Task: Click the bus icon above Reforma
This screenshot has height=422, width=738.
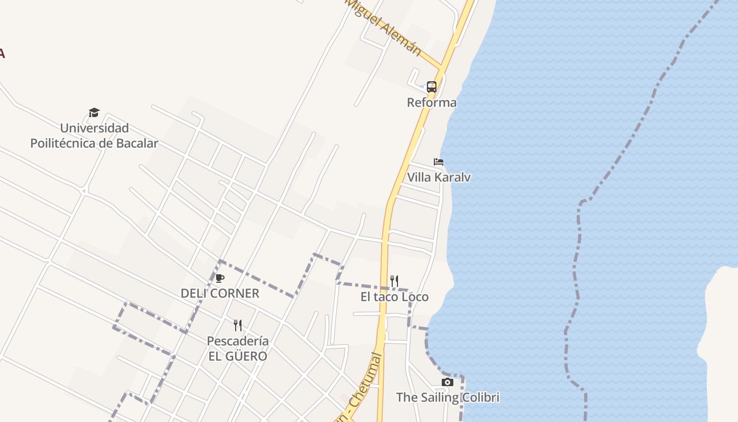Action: (431, 87)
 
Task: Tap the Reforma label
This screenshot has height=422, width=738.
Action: (431, 102)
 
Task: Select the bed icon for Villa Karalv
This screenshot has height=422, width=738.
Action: (438, 162)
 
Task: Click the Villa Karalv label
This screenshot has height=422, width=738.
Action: (439, 177)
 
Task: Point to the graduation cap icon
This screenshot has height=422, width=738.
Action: (94, 112)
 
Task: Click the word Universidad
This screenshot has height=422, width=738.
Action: (94, 128)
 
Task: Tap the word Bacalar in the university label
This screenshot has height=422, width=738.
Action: (136, 143)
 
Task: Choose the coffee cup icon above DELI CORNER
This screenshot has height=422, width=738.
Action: (220, 278)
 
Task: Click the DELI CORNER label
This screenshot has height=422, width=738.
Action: (220, 293)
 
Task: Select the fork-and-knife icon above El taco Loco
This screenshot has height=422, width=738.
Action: (394, 281)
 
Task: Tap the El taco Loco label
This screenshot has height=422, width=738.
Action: (394, 297)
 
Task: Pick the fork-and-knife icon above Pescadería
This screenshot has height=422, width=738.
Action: (238, 325)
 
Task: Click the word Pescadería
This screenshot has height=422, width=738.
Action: (238, 341)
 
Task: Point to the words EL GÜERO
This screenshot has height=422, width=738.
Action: (238, 357)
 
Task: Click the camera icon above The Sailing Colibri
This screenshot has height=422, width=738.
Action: (447, 382)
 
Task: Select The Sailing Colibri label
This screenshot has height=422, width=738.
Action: (448, 397)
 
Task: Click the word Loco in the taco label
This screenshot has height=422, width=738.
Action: (415, 297)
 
